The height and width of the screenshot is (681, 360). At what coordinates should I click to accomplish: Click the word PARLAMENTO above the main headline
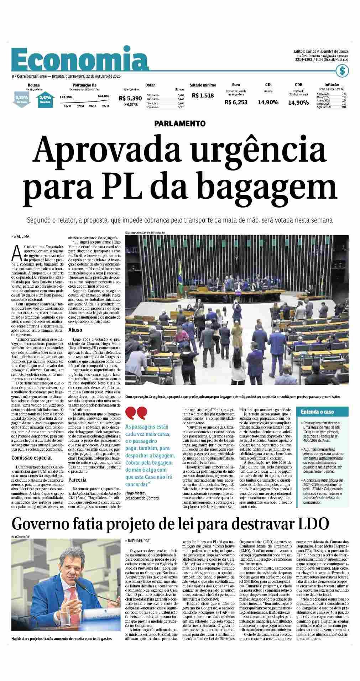pyautogui.click(x=180, y=124)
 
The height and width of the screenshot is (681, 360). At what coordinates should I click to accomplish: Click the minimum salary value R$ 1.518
pyautogui.click(x=203, y=95)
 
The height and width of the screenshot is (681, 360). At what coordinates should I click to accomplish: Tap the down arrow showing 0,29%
pyautogui.click(x=22, y=99)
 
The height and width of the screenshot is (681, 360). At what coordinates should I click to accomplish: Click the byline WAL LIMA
pyautogui.click(x=22, y=236)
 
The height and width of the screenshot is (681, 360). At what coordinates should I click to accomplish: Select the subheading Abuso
pyautogui.click(x=75, y=330)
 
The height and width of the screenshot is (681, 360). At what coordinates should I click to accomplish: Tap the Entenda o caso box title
pyautogui.click(x=317, y=412)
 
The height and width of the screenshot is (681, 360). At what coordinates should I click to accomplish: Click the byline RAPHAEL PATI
pyautogui.click(x=139, y=541)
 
